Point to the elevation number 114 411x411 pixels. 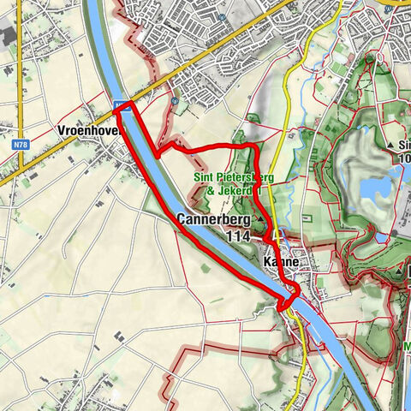[239, 235]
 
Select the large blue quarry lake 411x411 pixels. [374, 188]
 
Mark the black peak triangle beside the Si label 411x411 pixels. [390, 145]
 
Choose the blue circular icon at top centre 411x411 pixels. [222, 16]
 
